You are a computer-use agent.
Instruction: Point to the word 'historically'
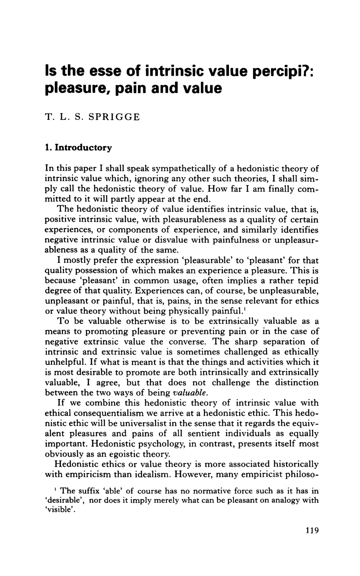coord(292,464)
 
